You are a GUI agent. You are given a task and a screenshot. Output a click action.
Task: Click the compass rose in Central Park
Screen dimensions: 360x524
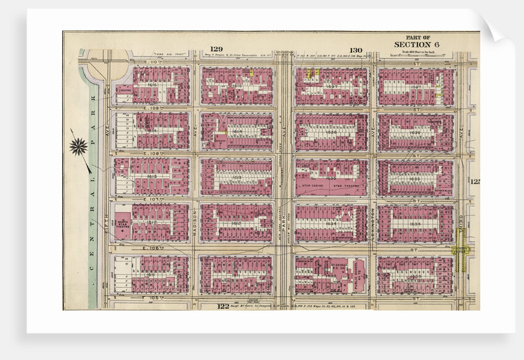pyautogui.click(x=78, y=146)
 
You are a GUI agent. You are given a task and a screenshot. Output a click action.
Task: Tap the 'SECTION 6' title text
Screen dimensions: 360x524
pyautogui.click(x=417, y=45)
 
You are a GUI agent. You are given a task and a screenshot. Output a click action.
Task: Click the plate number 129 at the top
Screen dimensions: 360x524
pyautogui.click(x=215, y=49)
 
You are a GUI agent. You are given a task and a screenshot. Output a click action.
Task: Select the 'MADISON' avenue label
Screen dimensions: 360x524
pyautogui.click(x=195, y=221)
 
